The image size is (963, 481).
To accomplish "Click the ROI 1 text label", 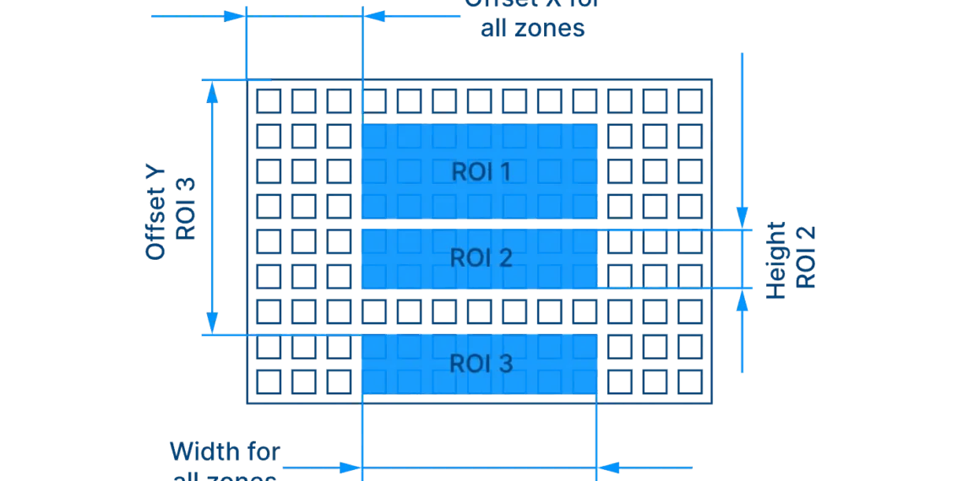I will click(x=481, y=172).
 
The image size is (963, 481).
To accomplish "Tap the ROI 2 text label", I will click(x=481, y=257).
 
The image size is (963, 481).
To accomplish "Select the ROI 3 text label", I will click(x=481, y=364).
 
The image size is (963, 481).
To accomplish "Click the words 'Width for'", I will click(x=226, y=453).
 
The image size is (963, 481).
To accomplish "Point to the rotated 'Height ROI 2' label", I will click(x=790, y=259).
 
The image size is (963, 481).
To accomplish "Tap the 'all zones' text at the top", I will click(x=533, y=30).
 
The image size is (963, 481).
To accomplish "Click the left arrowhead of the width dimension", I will click(x=348, y=467).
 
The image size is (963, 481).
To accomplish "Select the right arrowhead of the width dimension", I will click(x=610, y=467).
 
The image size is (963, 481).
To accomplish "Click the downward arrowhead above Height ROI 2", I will click(x=743, y=214).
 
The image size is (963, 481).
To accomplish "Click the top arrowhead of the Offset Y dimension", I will click(x=213, y=95).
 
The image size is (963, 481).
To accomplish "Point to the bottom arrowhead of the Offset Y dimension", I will click(x=213, y=321).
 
